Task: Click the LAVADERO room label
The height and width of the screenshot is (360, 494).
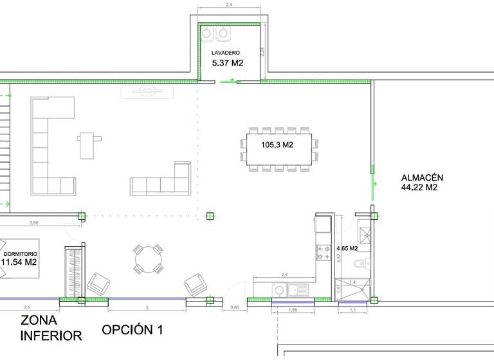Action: coord(226,53)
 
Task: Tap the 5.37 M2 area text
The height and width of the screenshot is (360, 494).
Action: coord(228,63)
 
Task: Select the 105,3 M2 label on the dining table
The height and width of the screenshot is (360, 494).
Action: coord(277,145)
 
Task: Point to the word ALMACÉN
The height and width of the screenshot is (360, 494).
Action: coord(423,178)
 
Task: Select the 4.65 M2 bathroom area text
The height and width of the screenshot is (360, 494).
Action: coord(348,247)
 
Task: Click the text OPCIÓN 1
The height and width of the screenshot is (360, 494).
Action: coord(132,330)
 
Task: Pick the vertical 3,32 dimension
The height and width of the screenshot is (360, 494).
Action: coord(338,257)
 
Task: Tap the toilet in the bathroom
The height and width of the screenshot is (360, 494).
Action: coord(362,263)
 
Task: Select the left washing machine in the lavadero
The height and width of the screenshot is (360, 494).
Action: coord(208,32)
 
